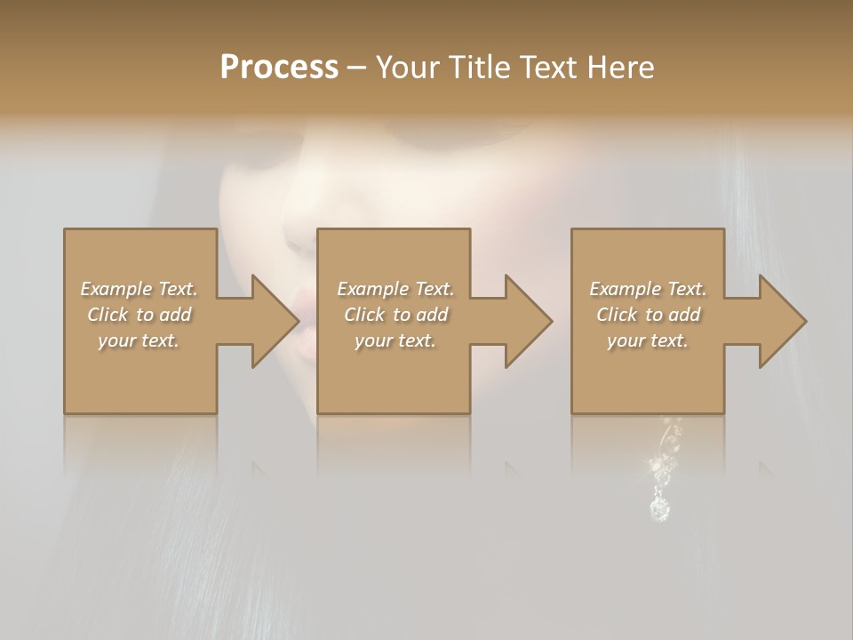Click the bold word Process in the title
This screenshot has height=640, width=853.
click(x=279, y=68)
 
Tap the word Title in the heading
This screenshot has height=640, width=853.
click(x=479, y=68)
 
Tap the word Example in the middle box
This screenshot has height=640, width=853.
click(x=372, y=289)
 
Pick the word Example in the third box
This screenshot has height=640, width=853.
click(x=625, y=289)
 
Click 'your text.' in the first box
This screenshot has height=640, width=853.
click(x=139, y=340)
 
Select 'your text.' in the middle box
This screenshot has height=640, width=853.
click(x=395, y=340)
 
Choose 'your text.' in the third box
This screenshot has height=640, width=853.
click(x=648, y=340)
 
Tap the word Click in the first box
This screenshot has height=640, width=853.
click(x=108, y=315)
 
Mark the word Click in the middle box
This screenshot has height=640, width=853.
click(x=364, y=315)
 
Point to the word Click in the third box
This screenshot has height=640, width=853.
click(x=617, y=315)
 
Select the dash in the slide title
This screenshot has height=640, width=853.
click(x=357, y=68)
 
